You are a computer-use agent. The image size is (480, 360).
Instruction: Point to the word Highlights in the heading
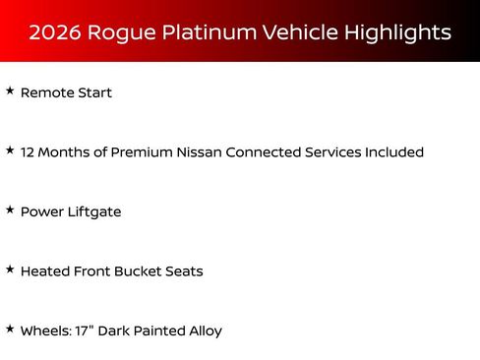pos(397,32)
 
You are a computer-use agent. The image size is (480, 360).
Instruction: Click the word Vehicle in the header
pos(300,32)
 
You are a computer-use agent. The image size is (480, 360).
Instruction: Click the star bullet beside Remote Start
pos(10,91)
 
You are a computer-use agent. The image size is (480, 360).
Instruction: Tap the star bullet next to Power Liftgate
pos(10,210)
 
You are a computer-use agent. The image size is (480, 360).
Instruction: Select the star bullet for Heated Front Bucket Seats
pos(10,270)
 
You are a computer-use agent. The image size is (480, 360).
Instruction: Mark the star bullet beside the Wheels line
pos(10,330)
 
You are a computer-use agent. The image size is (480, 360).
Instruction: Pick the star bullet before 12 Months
pos(10,150)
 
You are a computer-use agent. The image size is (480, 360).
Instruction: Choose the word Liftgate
pos(94,212)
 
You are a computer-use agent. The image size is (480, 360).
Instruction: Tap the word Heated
pos(44,271)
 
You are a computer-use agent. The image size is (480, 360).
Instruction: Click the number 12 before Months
pos(28,152)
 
